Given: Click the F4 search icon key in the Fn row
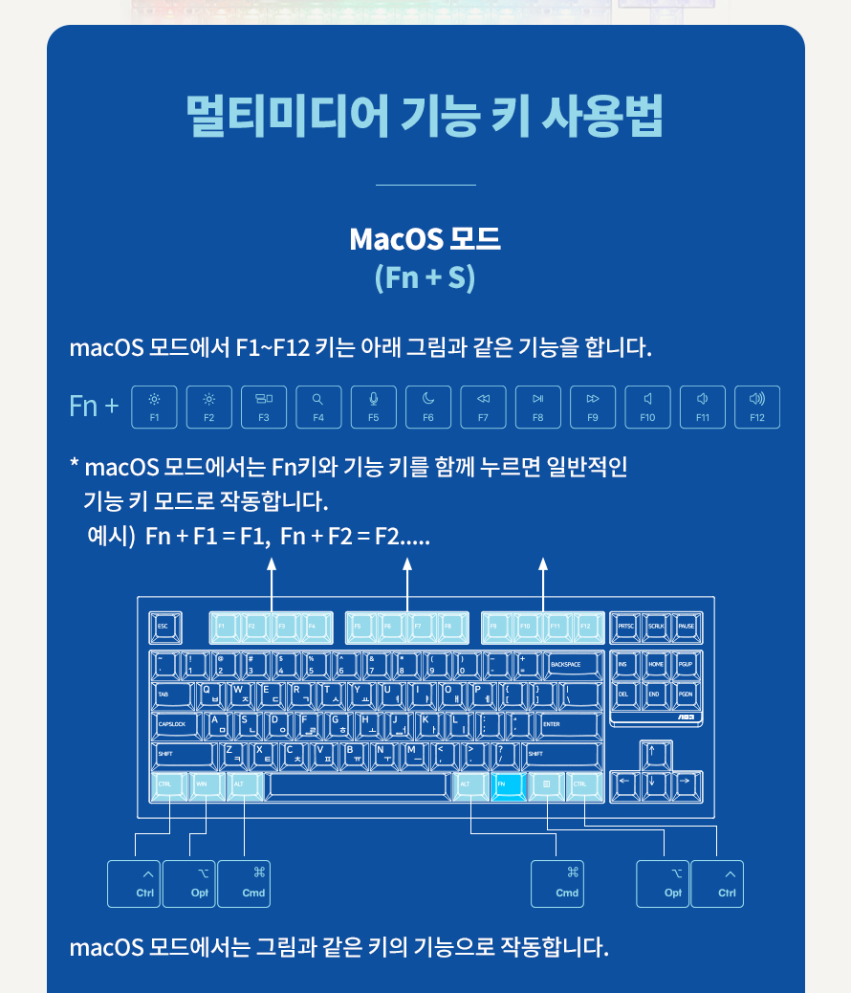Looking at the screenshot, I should [x=318, y=407].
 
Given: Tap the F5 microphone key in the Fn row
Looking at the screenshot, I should [x=374, y=407].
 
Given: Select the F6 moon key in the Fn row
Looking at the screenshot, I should [x=428, y=407].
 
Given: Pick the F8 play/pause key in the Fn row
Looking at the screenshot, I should [x=538, y=407].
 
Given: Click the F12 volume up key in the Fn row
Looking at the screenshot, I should [x=757, y=407].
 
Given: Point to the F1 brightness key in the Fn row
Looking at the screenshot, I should [x=155, y=407].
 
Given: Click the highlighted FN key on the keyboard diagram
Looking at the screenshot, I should [x=508, y=784].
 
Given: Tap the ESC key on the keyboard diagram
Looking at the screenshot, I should [x=165, y=627].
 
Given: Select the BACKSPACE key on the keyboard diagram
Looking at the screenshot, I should [x=571, y=664].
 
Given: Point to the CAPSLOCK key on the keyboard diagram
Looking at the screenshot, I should [x=178, y=724].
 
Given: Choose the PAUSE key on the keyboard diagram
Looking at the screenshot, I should [x=687, y=627].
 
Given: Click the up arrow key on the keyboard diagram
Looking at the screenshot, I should [x=654, y=754].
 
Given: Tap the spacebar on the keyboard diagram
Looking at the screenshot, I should [x=358, y=784].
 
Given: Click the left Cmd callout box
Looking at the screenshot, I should [x=244, y=883].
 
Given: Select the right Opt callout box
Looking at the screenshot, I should [x=663, y=883].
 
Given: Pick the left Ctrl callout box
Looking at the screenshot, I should [x=134, y=883].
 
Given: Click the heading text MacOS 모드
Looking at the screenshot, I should [x=425, y=239].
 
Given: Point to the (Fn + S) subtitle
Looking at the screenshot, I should [x=425, y=277].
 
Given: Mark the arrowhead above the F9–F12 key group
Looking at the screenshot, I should [x=544, y=564].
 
